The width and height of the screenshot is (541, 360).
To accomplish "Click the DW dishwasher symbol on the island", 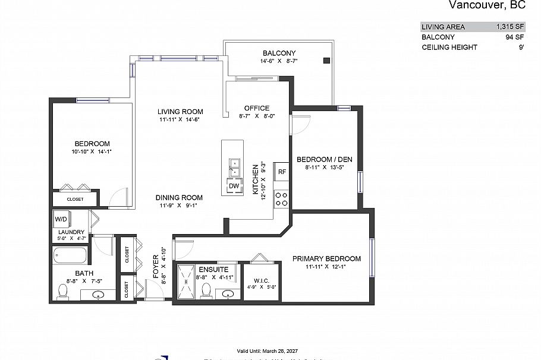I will point(233,187).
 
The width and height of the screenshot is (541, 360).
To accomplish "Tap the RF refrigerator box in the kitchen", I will point(282,172).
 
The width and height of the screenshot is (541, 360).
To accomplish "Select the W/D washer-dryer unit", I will point(61,219).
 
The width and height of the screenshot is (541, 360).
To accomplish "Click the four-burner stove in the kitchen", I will point(282,199).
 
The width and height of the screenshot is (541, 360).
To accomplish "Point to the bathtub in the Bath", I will point(70,256).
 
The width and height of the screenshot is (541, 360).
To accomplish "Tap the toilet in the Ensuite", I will point(206,290).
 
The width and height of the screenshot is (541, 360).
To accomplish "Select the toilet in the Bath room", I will point(63,291).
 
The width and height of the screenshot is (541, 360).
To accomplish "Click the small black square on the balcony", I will point(326,61).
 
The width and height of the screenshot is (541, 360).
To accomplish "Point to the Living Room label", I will point(180,112).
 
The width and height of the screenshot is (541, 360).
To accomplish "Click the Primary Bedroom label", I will point(326,259).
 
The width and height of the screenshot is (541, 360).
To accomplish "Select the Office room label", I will point(257,108).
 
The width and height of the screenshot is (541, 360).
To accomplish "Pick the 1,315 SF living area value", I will point(510,27).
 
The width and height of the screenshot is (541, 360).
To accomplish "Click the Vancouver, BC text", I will point(486,6).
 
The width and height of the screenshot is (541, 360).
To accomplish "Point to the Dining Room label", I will point(179,198).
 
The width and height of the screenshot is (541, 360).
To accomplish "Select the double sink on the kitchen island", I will point(233,167).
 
